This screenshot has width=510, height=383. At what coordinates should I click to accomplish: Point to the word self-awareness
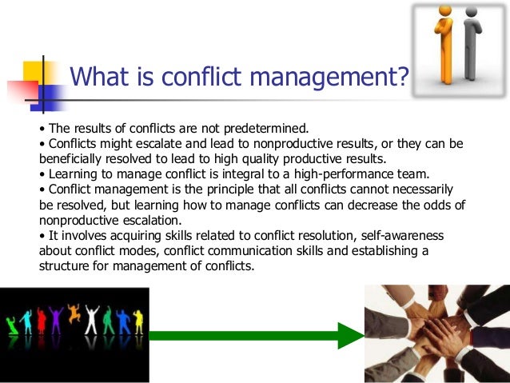click(435, 237)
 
